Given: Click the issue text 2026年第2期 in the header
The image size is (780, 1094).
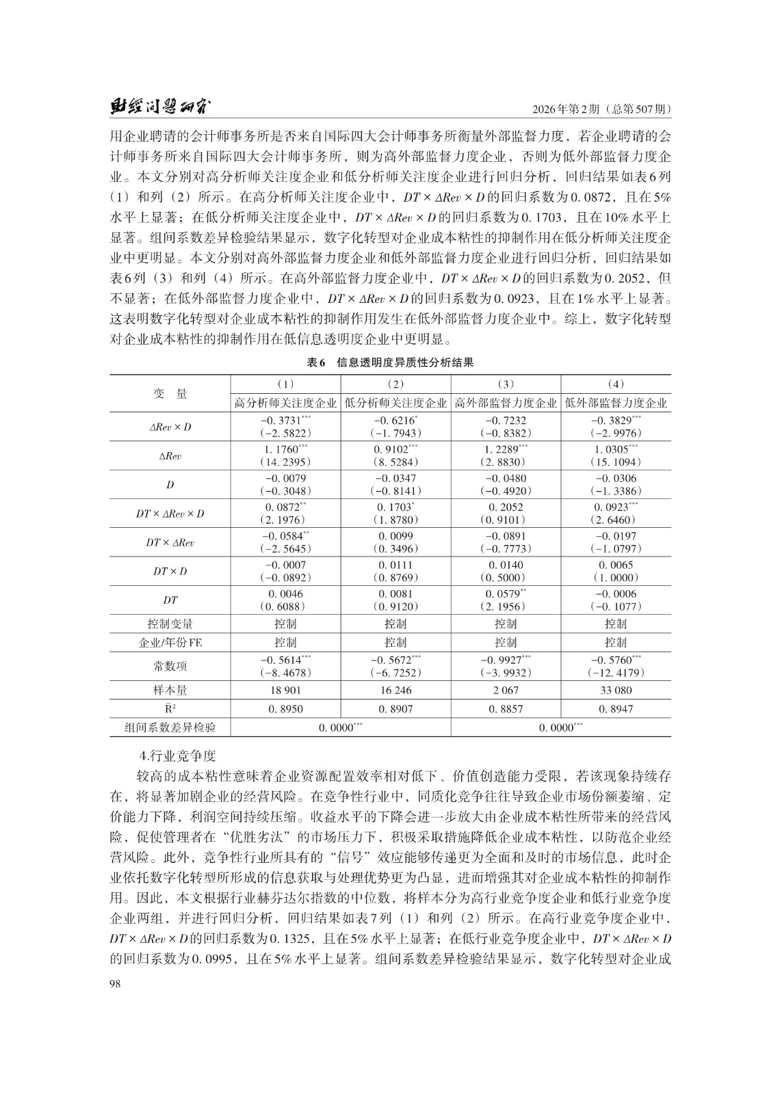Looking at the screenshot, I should (x=571, y=109).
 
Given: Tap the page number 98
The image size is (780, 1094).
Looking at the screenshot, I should (x=114, y=983).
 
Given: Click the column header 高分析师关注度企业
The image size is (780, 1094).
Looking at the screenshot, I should (x=286, y=403).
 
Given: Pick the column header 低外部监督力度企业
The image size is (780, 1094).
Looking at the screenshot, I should (x=616, y=403).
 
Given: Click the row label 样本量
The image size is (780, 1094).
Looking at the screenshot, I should (x=170, y=690).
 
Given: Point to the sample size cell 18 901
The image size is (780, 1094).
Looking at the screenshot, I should (x=286, y=690).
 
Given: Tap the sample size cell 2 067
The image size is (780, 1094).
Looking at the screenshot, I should (x=506, y=690).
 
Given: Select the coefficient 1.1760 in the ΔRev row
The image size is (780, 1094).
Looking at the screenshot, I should (x=281, y=449).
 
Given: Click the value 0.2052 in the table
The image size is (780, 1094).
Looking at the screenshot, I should (x=506, y=507).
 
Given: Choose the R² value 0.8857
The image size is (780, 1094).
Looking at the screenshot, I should (x=506, y=709).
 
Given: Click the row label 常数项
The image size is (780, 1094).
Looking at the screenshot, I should (x=170, y=666).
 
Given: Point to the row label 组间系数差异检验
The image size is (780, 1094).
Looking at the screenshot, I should (x=170, y=728).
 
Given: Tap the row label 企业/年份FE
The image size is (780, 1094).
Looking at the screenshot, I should (x=170, y=642).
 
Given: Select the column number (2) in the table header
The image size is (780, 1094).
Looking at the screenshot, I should (x=395, y=384).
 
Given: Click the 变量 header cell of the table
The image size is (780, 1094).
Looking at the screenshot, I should (x=170, y=393).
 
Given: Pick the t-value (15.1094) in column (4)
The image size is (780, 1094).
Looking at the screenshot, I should (x=616, y=462).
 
